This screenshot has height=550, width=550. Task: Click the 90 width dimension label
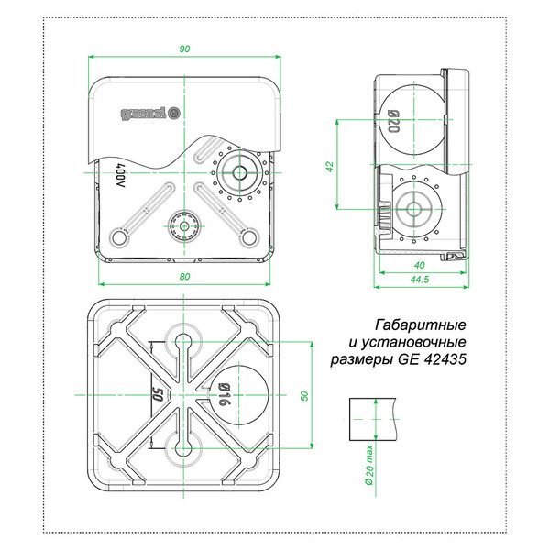click(184, 49)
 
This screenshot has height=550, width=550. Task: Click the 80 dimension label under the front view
click(184, 277)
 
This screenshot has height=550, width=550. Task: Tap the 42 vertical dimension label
click(330, 166)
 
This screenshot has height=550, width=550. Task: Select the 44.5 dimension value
click(420, 280)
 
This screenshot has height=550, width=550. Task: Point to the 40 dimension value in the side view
click(420, 265)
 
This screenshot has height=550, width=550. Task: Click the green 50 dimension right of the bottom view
click(304, 395)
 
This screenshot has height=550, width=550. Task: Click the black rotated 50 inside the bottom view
click(158, 395)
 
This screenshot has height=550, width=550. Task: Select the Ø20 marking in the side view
click(393, 121)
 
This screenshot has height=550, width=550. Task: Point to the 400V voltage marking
click(120, 175)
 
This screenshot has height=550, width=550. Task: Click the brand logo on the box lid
click(150, 114)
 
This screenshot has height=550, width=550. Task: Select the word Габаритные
click(421, 325)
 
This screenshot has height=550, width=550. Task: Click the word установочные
click(408, 342)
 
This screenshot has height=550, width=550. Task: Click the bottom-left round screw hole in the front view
click(119, 237)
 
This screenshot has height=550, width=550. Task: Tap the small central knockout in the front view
click(183, 226)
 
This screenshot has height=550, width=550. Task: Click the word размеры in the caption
click(363, 360)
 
